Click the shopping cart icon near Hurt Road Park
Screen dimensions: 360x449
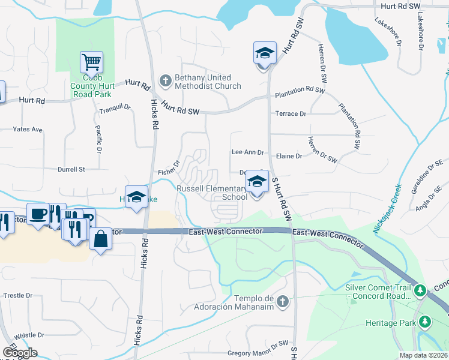pyautogui.click(x=91, y=61)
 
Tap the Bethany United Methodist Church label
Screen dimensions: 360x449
pyautogui.click(x=207, y=82)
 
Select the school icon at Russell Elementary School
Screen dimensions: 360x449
pyautogui.click(x=257, y=181)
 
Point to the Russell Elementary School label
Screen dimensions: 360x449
pyautogui.click(x=211, y=193)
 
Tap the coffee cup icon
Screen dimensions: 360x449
pyautogui.click(x=38, y=214)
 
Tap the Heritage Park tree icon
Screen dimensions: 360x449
pyautogui.click(x=426, y=322)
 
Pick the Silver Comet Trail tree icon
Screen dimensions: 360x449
pyautogui.click(x=421, y=291)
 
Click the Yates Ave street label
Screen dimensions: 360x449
pyautogui.click(x=28, y=129)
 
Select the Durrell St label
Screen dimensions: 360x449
pyautogui.click(x=71, y=169)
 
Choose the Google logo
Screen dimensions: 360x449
pyautogui.click(x=20, y=352)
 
